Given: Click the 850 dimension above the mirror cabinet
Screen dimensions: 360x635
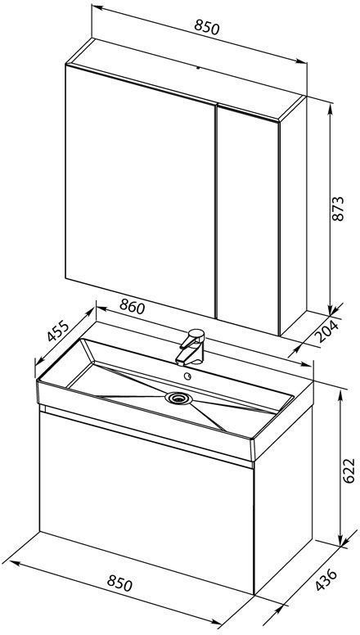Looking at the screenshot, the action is [206, 28].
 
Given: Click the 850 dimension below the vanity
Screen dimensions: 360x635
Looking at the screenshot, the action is [119, 583].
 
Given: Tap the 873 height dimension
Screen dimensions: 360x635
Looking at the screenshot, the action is [337, 209].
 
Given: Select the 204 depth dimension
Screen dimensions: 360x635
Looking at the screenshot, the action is [327, 331].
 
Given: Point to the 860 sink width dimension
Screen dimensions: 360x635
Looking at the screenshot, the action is [132, 308].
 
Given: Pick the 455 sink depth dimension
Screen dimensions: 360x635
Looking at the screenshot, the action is [57, 331].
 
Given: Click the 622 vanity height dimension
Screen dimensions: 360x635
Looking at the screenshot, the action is [349, 471].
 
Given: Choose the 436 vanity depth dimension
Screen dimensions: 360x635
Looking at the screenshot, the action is [326, 579].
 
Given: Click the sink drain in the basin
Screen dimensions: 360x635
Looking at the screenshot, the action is [178, 398].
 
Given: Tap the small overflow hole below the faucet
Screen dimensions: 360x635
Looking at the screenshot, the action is [187, 376].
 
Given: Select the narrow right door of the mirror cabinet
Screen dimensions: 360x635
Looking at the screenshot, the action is [248, 219].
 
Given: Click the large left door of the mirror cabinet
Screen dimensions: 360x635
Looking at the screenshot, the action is [140, 191].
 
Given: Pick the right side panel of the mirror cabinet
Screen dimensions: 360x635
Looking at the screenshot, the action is [293, 215].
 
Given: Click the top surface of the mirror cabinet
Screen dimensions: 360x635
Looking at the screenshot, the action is [186, 79].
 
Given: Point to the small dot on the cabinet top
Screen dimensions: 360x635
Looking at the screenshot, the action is [198, 68].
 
